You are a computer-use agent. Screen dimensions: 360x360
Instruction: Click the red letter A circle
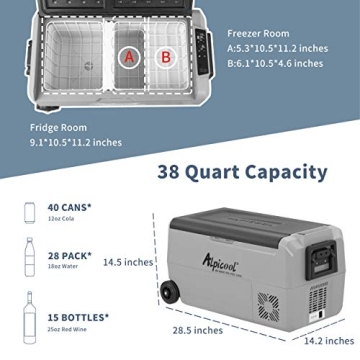(129, 57)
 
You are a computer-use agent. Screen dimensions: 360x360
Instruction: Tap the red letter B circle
(166, 57)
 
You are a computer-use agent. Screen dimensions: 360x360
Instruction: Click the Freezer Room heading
(258, 34)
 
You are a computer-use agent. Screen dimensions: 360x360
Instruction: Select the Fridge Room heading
(58, 128)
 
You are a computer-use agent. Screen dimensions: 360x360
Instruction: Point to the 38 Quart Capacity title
(242, 172)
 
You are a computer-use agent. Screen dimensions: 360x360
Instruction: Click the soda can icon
(30, 212)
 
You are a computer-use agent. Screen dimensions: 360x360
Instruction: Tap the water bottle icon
(30, 257)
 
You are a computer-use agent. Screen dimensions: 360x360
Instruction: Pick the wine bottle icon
(29, 317)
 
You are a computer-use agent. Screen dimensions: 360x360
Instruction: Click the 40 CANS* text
(69, 207)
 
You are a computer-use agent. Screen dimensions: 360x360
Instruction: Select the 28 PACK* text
(70, 256)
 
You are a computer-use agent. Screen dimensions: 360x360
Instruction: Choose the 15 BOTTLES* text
(78, 317)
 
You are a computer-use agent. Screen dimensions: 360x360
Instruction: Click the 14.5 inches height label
(128, 262)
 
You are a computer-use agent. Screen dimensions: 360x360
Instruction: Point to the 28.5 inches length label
(198, 330)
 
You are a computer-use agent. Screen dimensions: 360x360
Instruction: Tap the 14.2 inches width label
(329, 341)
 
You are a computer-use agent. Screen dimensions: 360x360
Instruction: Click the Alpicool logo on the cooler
(220, 262)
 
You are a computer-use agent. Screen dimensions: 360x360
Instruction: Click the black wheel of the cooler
(170, 293)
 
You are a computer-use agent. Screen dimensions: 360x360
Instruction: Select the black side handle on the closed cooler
(321, 259)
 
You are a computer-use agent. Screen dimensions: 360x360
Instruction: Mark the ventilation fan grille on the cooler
(269, 307)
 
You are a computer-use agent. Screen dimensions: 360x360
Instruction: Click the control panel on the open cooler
(202, 52)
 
